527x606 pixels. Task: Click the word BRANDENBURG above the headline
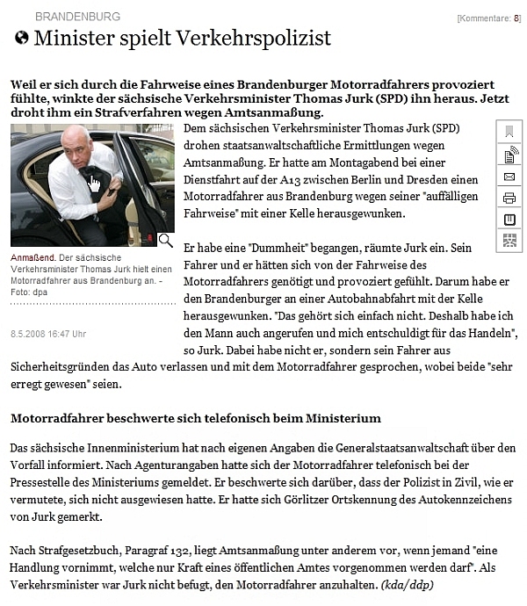click(x=77, y=17)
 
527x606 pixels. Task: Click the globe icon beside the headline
click(x=22, y=38)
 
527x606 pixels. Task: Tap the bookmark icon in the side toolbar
click(x=509, y=132)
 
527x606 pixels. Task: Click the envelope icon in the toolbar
click(x=509, y=176)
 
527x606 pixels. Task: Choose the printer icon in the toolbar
click(x=509, y=198)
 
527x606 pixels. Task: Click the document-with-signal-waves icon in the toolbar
click(x=509, y=155)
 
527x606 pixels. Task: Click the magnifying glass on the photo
click(x=165, y=240)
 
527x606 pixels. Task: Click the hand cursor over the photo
click(x=94, y=183)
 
